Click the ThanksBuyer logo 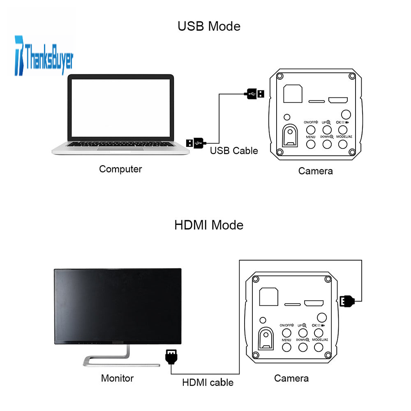[x=44, y=56]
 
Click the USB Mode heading [x=209, y=26]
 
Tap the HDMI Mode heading [x=209, y=225]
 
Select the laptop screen [x=120, y=108]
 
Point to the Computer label [x=120, y=169]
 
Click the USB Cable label [x=234, y=150]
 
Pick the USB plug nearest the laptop [x=195, y=142]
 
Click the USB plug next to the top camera [x=255, y=94]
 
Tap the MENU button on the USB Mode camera [x=311, y=144]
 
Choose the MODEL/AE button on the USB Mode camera [x=344, y=144]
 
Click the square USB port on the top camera [x=293, y=93]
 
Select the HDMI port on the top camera [x=338, y=100]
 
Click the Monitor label [x=117, y=378]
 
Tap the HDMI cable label [x=208, y=383]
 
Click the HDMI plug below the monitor [x=171, y=356]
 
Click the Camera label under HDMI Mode [x=291, y=378]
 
